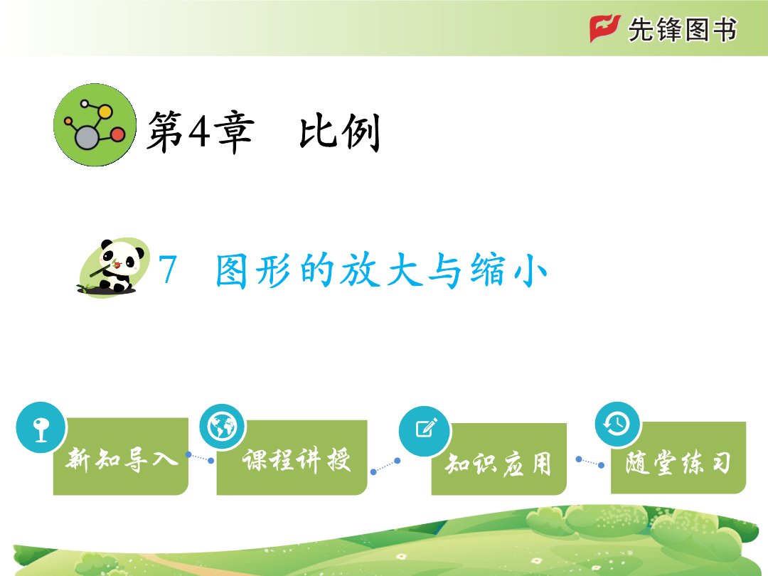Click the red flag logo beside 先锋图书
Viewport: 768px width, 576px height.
point(605,28)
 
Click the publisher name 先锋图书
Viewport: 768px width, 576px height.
point(682,30)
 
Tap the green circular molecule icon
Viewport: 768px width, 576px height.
point(95,125)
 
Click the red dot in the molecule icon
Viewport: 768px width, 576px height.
point(118,134)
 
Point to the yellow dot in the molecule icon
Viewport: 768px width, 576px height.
point(105,112)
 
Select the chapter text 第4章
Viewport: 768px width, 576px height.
point(201,132)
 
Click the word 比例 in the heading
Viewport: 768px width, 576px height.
point(340,132)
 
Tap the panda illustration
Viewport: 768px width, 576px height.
point(114,267)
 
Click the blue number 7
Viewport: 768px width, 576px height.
point(168,270)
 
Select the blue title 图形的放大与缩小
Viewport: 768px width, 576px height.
point(381,270)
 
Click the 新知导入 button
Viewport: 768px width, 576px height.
point(120,456)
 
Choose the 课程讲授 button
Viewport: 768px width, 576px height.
point(292,457)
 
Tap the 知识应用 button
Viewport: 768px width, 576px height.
point(499,459)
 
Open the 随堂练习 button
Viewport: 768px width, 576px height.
point(678,457)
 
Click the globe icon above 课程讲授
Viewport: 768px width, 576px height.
point(223,427)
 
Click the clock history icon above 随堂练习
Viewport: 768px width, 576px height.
point(618,424)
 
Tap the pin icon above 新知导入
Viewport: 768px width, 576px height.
point(41,427)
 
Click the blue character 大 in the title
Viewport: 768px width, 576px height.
point(402,270)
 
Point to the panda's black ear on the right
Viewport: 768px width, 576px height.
point(140,254)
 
